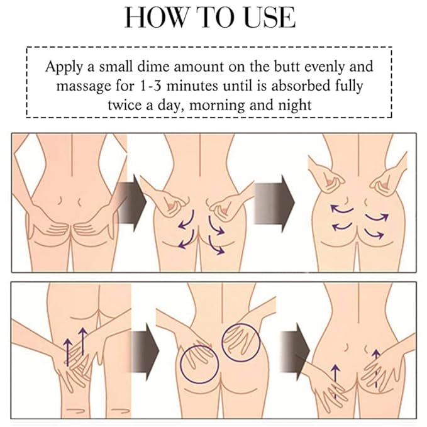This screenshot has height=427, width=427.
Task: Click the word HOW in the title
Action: click(155, 18)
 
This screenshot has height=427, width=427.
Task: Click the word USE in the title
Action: click(270, 18)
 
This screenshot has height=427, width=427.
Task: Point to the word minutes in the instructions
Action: click(192, 86)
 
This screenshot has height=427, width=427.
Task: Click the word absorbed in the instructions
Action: click(301, 86)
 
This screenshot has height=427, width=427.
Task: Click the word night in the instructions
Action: click(295, 105)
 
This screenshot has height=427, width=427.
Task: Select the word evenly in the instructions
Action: click(324, 67)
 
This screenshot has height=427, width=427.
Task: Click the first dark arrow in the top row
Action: click(132, 203)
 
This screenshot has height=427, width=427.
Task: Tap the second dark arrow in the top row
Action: click(274, 203)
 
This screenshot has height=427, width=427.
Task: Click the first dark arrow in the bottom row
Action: click(145, 352)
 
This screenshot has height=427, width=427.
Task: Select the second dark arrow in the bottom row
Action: click(295, 352)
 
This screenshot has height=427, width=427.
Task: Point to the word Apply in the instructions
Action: click(64, 67)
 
